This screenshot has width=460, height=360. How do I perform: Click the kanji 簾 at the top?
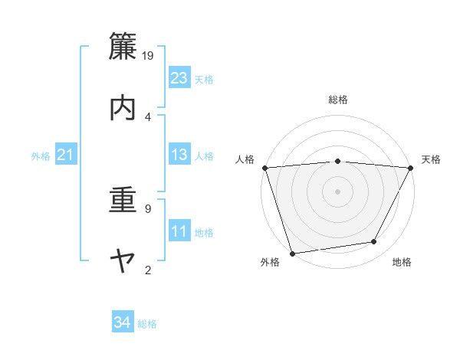point(123,47)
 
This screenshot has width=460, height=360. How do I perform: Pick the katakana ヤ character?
point(123,262)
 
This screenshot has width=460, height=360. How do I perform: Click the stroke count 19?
point(149,55)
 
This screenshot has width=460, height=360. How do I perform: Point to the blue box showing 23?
point(179,78)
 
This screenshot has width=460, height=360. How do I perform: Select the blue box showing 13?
point(179,155)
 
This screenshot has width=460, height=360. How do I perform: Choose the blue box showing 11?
point(179,231)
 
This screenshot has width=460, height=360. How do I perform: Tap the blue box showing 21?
point(65,155)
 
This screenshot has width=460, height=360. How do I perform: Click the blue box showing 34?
point(122,323)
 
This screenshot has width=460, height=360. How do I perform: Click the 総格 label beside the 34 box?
point(147,324)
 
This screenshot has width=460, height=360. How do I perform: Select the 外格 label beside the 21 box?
point(41,156)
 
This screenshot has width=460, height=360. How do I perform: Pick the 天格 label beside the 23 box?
point(204,79)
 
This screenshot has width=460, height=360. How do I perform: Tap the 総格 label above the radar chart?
point(337,100)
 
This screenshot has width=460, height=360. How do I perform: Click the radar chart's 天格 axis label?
point(431,159)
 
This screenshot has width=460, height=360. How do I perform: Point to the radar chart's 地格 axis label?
point(402,263)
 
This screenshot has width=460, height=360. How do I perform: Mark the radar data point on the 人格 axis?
point(264,168)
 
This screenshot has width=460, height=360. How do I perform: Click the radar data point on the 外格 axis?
point(292,252)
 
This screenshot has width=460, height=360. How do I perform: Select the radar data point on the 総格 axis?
point(337,161)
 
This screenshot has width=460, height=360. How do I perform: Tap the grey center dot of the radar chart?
point(337,191)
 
